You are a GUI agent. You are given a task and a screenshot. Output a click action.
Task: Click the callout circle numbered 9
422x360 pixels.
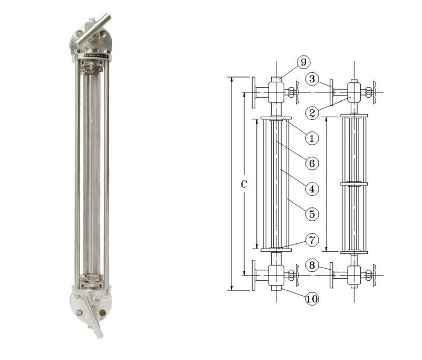pos(304,62)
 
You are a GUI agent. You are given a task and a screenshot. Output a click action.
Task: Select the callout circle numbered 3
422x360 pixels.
pos(312,79)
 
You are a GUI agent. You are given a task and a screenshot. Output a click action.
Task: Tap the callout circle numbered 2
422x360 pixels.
pos(312,112)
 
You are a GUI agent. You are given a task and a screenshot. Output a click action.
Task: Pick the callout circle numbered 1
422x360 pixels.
pos(312,138)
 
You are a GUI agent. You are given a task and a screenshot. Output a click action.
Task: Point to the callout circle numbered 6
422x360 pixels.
pos(312,163)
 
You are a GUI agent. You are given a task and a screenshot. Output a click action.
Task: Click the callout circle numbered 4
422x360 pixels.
pos(312,189)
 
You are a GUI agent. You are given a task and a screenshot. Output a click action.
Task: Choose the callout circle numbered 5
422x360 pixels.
pos(312,214)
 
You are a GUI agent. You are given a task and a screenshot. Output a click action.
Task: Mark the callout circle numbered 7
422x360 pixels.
pos(312,240)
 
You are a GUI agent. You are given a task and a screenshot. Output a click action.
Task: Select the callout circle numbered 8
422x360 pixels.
pos(312,266)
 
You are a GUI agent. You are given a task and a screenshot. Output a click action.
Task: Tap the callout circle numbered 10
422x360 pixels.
pos(312,299)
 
